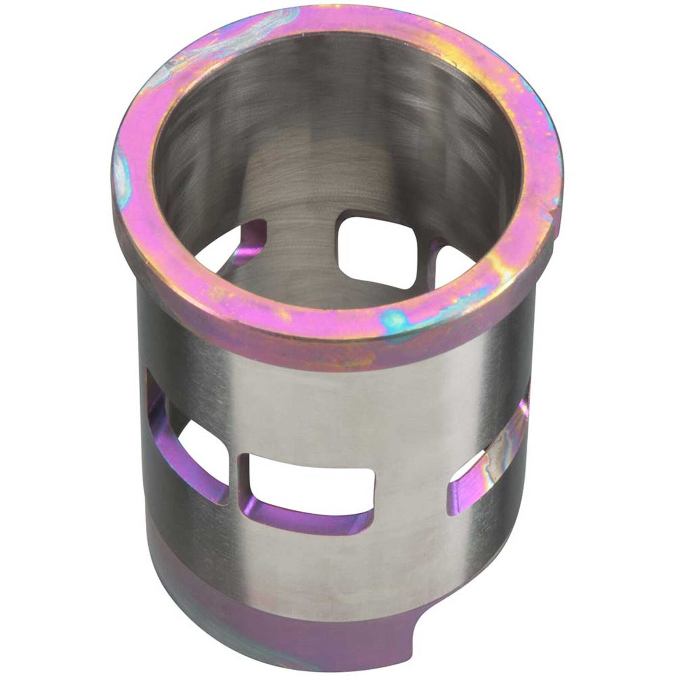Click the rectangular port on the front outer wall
click(x=306, y=486)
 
